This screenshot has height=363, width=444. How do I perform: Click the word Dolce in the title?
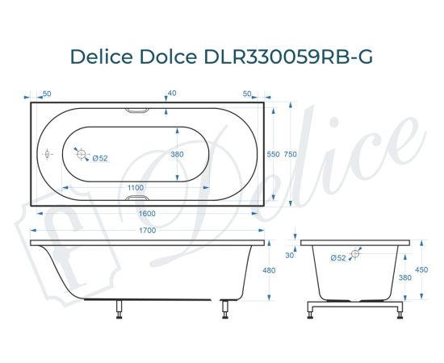pyautogui.click(x=162, y=57)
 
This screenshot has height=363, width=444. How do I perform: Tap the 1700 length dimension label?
pyautogui.click(x=147, y=231)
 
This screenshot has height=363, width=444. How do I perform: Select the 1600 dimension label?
pyautogui.click(x=147, y=213)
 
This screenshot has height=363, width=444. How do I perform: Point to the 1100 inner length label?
pyautogui.click(x=136, y=188)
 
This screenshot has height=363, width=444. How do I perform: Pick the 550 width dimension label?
pyautogui.click(x=273, y=154)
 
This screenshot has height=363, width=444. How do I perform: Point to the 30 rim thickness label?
pyautogui.click(x=290, y=255)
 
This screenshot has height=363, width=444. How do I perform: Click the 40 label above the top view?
pyautogui.click(x=171, y=93)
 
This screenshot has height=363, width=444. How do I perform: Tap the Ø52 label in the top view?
pyautogui.click(x=100, y=157)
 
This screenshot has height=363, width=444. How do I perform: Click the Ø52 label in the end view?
pyautogui.click(x=339, y=257)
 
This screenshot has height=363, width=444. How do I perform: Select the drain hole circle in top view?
pyautogui.click(x=79, y=152)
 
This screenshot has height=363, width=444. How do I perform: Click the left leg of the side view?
pyautogui.click(x=119, y=308)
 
